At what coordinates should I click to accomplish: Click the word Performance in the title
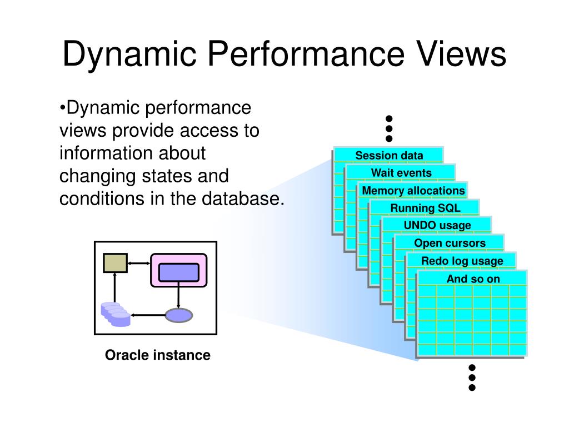click(x=306, y=54)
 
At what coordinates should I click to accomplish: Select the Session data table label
click(x=389, y=156)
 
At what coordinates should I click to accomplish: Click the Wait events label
click(x=401, y=173)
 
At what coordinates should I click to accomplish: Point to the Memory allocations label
click(x=413, y=191)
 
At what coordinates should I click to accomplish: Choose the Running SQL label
click(x=425, y=208)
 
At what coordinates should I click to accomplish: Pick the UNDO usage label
click(x=437, y=226)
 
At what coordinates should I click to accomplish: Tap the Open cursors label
click(x=450, y=243)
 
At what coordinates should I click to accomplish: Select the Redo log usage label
click(x=462, y=261)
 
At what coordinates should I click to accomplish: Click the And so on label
click(x=473, y=279)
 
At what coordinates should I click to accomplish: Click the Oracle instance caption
click(x=157, y=355)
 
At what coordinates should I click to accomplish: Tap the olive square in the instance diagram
click(x=116, y=263)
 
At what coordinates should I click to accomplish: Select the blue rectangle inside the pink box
click(x=179, y=272)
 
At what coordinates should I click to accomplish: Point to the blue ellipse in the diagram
click(x=179, y=315)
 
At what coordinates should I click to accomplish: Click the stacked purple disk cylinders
click(x=116, y=315)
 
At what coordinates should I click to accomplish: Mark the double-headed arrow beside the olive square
click(x=139, y=263)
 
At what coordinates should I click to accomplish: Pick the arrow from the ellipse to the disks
click(x=148, y=315)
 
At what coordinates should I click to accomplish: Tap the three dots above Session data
click(x=389, y=128)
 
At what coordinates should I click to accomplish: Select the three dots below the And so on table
click(x=472, y=378)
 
